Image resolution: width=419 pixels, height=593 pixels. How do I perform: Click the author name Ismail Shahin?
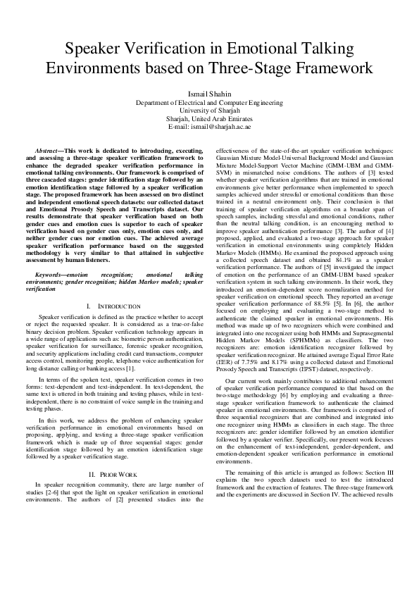click(x=208, y=94)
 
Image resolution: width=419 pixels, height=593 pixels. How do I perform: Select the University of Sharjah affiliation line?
click(x=208, y=110)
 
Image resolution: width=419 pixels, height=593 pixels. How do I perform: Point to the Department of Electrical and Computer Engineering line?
click(x=208, y=102)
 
